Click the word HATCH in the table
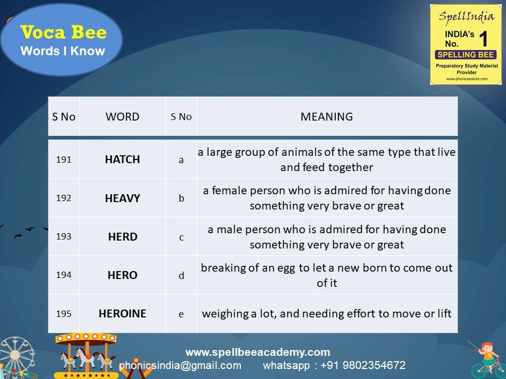(122, 159)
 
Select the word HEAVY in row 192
(122, 198)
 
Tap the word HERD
(122, 236)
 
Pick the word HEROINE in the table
(122, 313)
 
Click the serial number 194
(63, 275)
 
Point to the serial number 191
(63, 159)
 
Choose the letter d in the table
(181, 275)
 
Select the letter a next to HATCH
(181, 160)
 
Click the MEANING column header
(327, 117)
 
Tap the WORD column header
(122, 117)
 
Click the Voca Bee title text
(63, 33)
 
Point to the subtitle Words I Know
(63, 51)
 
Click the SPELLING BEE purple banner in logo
(465, 55)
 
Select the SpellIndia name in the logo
(466, 16)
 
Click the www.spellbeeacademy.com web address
(257, 352)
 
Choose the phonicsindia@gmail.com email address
(180, 365)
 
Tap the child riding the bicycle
(488, 358)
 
